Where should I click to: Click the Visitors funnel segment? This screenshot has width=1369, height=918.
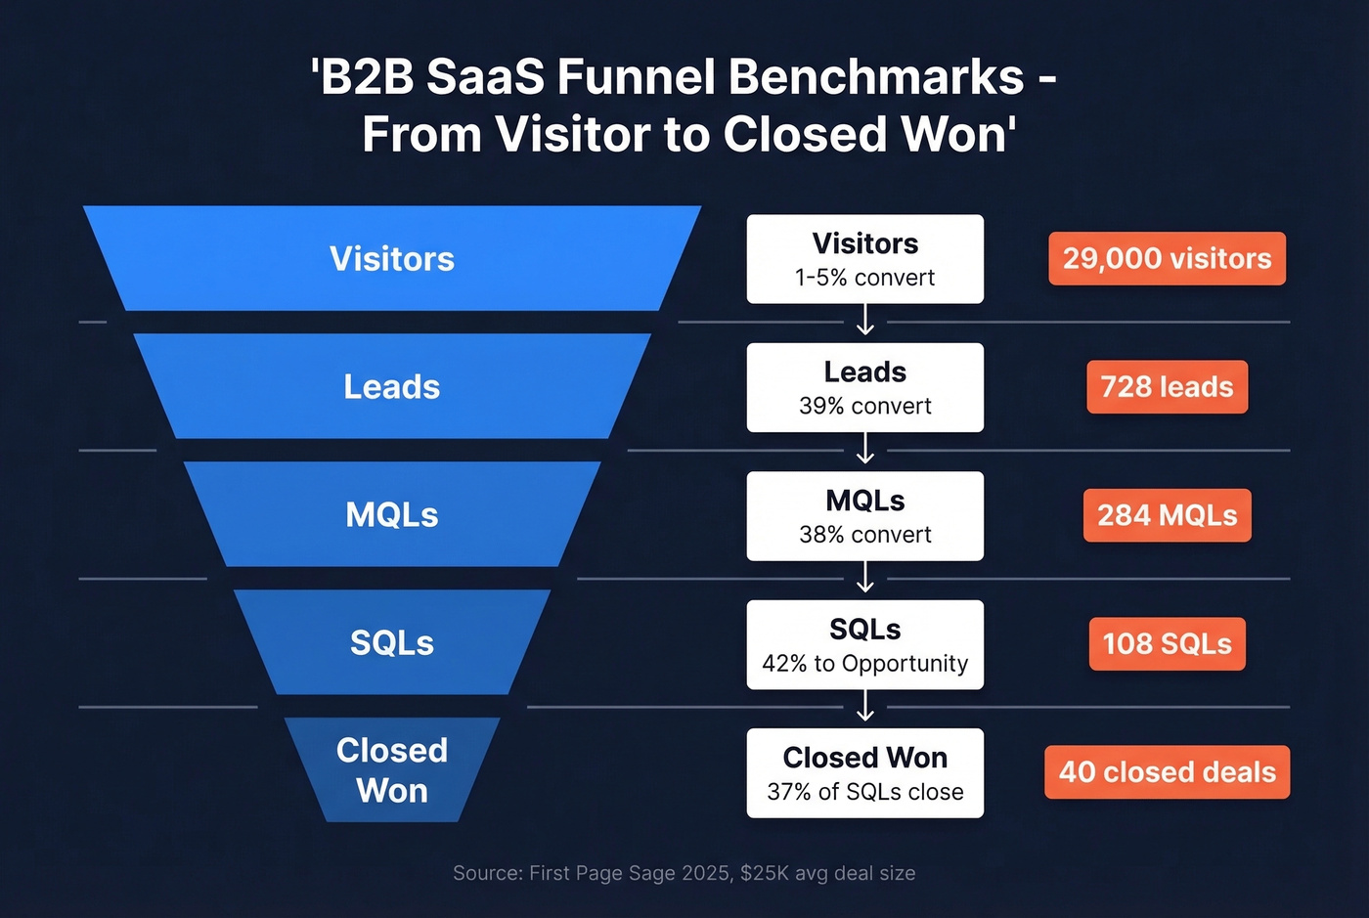[392, 258]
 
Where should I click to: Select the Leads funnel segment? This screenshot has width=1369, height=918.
[392, 386]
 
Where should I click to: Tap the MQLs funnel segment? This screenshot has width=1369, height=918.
[392, 514]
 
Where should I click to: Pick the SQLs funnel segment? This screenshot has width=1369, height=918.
[392, 642]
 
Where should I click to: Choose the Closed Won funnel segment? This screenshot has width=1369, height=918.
[392, 770]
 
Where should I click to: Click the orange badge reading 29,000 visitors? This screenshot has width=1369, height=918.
[1167, 258]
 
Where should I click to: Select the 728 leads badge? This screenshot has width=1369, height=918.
[1167, 387]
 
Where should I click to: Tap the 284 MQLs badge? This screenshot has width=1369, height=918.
[1167, 515]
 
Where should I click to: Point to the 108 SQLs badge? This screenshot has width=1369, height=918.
[1167, 643]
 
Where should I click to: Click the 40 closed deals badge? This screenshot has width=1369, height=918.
[1167, 772]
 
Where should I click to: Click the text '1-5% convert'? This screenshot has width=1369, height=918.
[864, 278]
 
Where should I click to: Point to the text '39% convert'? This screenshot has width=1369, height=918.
[864, 406]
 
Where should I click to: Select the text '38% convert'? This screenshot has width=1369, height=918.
[864, 535]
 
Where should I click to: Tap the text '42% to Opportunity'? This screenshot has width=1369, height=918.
[864, 664]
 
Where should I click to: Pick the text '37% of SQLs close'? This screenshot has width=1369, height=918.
[864, 792]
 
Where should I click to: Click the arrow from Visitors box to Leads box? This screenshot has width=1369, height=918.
[864, 321]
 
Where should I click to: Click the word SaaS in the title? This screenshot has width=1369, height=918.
[484, 77]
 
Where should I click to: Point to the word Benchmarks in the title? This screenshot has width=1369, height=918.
[875, 77]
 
